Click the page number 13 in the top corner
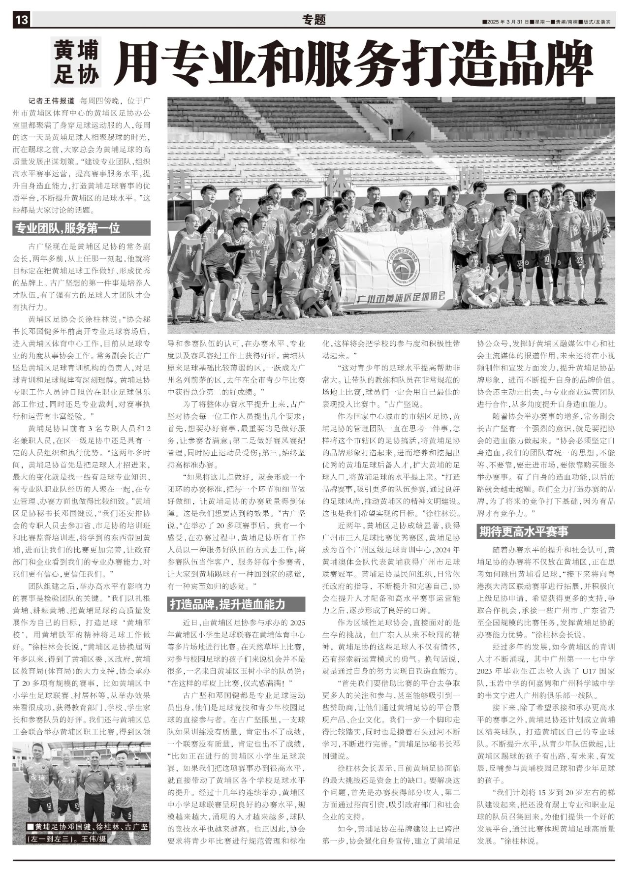coord(22,20)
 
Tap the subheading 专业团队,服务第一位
coord(68,228)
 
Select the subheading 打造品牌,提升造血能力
coord(227,604)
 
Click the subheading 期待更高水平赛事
coord(524,532)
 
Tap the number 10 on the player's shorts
coord(546,257)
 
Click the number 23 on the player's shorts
coord(579,259)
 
